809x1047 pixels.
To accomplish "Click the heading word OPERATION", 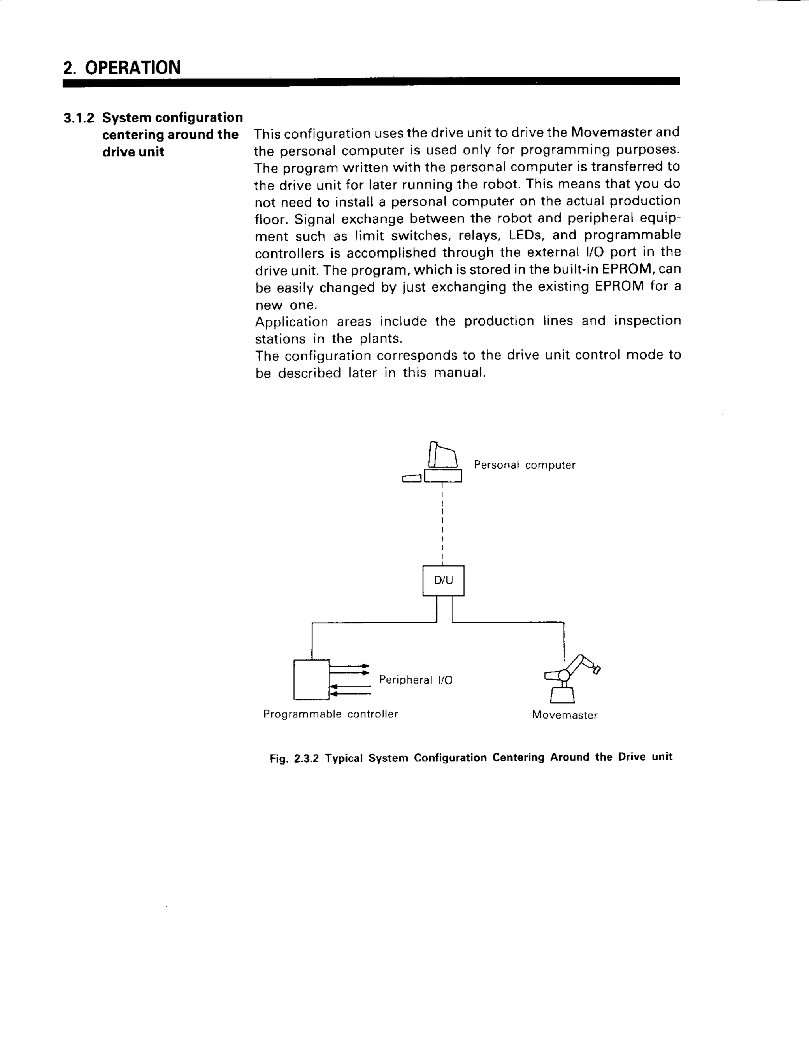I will [x=132, y=68].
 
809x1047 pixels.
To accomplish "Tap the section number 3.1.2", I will [x=79, y=118].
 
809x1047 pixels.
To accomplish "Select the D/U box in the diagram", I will [x=443, y=580].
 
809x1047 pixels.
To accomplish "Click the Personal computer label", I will [x=524, y=465].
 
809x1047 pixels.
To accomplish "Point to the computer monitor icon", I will [x=443, y=456].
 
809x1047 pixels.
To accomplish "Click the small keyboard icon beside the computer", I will [x=411, y=478].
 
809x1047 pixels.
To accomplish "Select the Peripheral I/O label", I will [x=416, y=680].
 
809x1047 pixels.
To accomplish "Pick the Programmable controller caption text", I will [x=330, y=714].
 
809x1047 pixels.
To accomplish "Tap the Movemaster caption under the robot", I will [x=564, y=715].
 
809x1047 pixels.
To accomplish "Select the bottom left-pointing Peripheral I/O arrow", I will [x=350, y=693].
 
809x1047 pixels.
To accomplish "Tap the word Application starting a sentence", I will [x=292, y=322].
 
